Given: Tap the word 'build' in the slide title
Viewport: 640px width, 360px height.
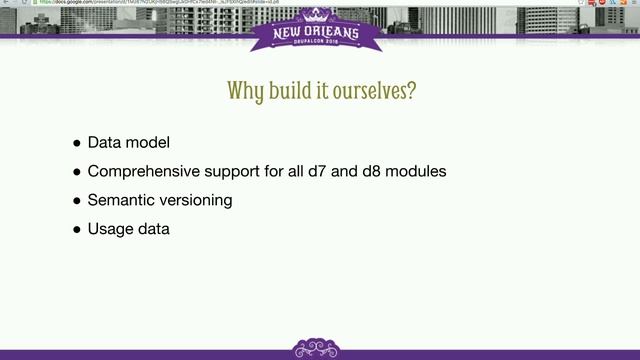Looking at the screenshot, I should pos(291,91).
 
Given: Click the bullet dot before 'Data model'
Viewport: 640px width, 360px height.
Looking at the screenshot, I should pos(77,143).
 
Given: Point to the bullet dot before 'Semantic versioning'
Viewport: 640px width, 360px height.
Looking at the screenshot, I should pos(77,201).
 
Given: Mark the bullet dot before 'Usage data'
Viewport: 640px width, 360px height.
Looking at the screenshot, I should pos(77,230).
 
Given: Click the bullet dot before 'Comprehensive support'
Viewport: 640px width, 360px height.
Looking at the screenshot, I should pos(77,172).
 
